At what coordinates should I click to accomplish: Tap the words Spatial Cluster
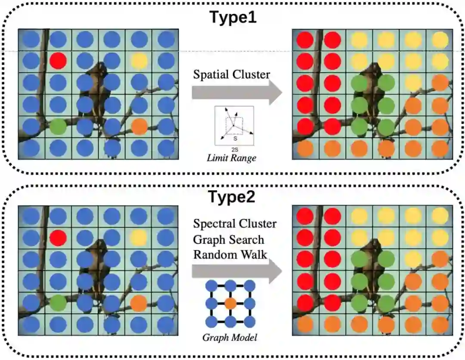(231, 74)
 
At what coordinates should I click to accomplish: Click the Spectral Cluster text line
(235, 224)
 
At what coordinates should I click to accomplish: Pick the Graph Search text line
(229, 239)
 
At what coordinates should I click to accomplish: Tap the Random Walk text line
(230, 254)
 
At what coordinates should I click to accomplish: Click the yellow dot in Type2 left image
(139, 237)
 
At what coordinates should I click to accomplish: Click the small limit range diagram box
(235, 126)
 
